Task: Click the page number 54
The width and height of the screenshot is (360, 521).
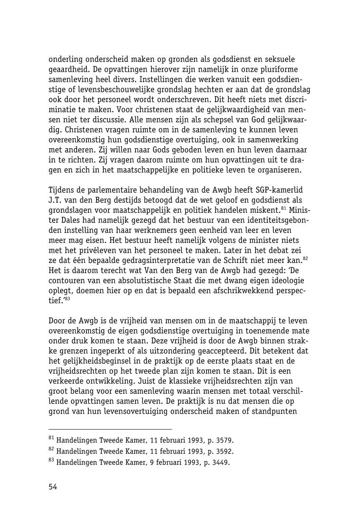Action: (x=53, y=486)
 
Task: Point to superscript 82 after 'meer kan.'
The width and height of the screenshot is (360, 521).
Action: (x=305, y=259)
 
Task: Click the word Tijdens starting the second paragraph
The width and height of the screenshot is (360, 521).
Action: (x=62, y=190)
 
